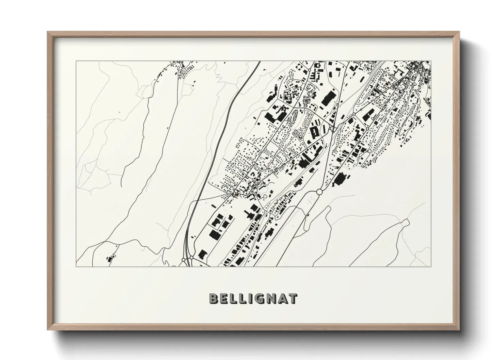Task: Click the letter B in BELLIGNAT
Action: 214,298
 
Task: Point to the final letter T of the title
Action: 293,298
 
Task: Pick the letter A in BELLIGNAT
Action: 281,298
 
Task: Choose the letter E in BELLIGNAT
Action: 223,298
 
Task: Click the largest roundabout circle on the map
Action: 319,192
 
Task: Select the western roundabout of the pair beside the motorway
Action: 184,260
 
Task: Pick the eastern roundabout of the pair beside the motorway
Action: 191,258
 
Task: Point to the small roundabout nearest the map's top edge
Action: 310,70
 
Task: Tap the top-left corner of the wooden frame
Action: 48,32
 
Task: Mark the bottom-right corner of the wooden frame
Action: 459,330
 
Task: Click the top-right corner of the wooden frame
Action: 459,32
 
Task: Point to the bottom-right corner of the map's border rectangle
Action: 431,266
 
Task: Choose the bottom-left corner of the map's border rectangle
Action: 76,266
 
